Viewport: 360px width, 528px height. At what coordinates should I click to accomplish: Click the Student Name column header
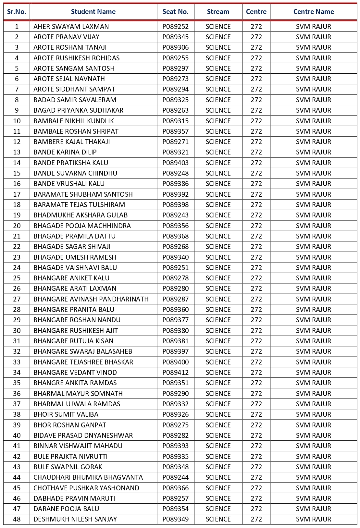pos(93,12)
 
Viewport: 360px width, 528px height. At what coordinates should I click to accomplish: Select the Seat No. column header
pos(175,12)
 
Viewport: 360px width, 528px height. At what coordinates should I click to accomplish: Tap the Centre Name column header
pos(313,12)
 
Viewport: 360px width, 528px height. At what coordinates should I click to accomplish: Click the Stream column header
pos(218,12)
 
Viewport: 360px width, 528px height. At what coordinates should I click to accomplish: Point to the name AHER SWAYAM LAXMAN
pos(71,27)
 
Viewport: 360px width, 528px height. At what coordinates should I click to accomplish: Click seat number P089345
pos(175,37)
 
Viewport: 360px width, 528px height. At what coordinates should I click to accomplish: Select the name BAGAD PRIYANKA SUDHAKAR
pos(78,110)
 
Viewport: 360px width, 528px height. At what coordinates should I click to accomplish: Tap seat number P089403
pos(175,163)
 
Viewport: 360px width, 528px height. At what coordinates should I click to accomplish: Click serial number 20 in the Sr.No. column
pos(17,226)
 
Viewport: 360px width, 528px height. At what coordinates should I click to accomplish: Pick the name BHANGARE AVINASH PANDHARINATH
pos(91,299)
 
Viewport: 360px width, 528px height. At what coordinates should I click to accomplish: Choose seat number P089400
pos(175,362)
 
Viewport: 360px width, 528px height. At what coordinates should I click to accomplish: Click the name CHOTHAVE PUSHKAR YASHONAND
pos(86,488)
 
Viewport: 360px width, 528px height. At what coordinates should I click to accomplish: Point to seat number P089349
pos(175,519)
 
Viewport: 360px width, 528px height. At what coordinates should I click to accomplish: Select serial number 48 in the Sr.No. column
pos(17,519)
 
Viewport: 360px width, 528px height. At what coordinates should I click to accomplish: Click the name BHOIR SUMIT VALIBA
pos(66,414)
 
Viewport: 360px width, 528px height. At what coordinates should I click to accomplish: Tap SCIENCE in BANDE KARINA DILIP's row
pos(218,152)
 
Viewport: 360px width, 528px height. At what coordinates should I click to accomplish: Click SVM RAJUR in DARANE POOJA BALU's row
pos(313,509)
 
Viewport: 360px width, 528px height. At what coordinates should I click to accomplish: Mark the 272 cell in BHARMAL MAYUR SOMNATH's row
pos(256,394)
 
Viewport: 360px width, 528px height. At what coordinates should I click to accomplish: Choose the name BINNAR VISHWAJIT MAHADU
pos(78,446)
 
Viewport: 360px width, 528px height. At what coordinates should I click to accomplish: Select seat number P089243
pos(175,215)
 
